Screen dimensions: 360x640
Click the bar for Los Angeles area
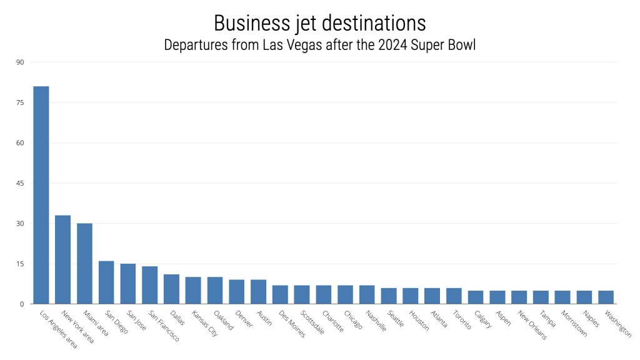click(41, 195)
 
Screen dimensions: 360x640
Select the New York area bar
click(62, 259)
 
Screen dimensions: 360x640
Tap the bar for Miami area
click(84, 264)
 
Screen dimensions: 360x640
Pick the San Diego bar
click(106, 282)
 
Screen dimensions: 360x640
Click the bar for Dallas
click(171, 289)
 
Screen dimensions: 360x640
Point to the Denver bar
click(237, 292)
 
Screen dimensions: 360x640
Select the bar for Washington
click(606, 297)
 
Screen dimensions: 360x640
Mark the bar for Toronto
click(454, 296)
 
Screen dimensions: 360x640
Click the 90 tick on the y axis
click(20, 62)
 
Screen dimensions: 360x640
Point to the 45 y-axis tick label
click(20, 183)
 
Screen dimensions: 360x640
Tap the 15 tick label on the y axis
click(20, 264)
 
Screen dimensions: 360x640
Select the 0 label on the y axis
click(22, 304)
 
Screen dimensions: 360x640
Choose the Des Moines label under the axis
click(292, 324)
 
